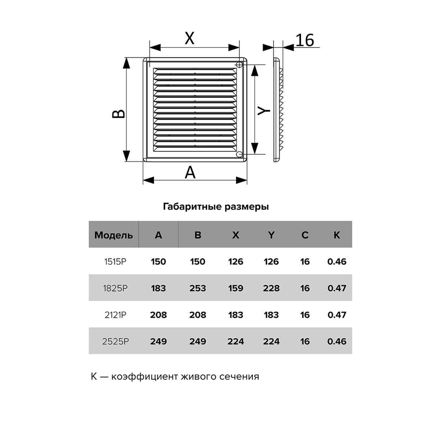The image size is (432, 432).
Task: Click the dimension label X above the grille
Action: click(x=189, y=38)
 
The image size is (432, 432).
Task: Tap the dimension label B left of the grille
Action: click(x=119, y=113)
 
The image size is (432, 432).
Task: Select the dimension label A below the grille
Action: click(x=190, y=172)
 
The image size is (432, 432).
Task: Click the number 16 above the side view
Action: click(x=305, y=40)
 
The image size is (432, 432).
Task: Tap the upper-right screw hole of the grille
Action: click(x=239, y=64)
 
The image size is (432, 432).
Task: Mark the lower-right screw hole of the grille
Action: click(x=239, y=154)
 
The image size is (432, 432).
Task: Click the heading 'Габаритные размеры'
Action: click(x=216, y=207)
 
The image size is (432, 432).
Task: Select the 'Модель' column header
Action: click(x=113, y=235)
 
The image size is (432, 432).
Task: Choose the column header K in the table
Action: click(x=337, y=235)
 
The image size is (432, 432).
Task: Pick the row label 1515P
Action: click(x=116, y=262)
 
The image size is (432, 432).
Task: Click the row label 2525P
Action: click(x=116, y=341)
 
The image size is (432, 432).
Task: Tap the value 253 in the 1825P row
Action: click(x=198, y=288)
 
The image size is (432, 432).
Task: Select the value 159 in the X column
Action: click(x=235, y=288)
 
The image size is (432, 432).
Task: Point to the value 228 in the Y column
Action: click(x=271, y=288)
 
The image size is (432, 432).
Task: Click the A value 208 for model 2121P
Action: click(x=158, y=315)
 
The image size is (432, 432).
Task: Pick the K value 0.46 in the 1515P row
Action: click(x=337, y=262)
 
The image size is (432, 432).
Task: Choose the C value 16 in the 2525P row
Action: click(x=305, y=341)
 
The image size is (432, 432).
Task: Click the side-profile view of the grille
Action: click(x=278, y=109)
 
